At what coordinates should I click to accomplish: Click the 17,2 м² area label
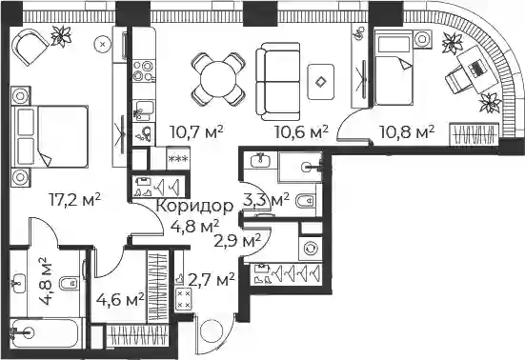point(74,200)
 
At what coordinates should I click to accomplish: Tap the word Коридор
point(194,206)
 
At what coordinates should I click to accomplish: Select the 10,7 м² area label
point(196,131)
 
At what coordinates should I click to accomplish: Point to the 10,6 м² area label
point(301,131)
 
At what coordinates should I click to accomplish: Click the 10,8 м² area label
point(407,131)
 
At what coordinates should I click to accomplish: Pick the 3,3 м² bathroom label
point(266,200)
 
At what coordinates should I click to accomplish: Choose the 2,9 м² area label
point(237,240)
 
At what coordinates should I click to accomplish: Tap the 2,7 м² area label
point(212,280)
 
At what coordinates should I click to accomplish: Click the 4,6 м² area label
point(120,299)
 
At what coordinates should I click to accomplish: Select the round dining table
point(218,80)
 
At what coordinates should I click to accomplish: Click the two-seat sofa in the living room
point(277,81)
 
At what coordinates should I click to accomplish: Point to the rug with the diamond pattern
point(321,82)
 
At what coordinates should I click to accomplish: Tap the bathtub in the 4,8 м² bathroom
point(46,332)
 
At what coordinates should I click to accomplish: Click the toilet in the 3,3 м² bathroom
point(305,201)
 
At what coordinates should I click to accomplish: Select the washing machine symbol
point(310,249)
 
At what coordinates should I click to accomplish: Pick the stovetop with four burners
point(144,71)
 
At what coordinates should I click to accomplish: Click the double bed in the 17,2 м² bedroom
point(50,136)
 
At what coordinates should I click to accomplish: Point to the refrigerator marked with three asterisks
point(178,158)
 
